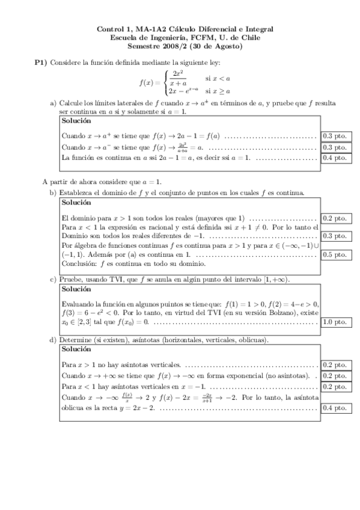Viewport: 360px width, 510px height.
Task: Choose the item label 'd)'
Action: coord(53,340)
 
